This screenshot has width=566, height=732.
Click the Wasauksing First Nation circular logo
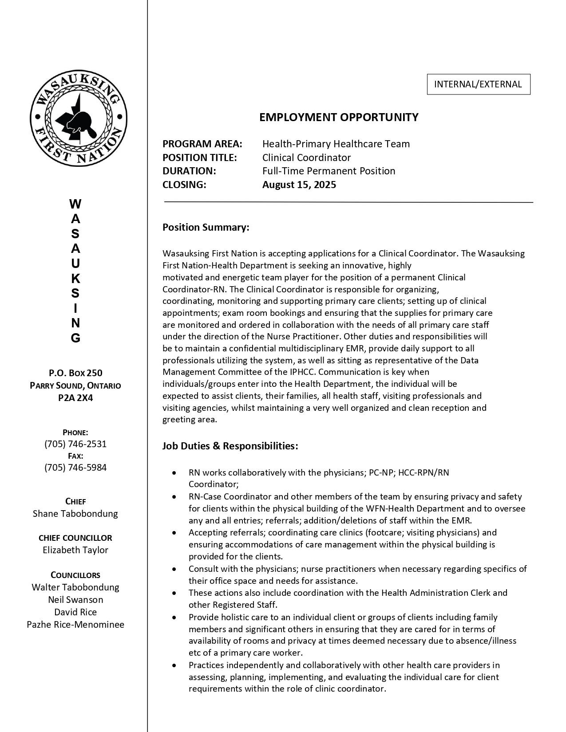(x=79, y=118)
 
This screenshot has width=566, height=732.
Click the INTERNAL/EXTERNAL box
(x=478, y=84)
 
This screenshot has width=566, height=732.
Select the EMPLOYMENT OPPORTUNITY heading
(x=339, y=117)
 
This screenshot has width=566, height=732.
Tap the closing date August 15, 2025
(x=299, y=185)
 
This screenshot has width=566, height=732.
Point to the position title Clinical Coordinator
(x=306, y=157)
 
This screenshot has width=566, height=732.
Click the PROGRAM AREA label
(x=202, y=144)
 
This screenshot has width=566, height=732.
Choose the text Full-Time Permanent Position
(x=329, y=171)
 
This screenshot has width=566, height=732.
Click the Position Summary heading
(x=206, y=228)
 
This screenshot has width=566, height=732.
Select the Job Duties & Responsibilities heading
(x=230, y=446)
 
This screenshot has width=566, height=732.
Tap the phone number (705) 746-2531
(x=75, y=444)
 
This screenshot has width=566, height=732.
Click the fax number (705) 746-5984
(x=75, y=468)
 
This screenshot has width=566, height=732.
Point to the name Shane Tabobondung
(x=75, y=514)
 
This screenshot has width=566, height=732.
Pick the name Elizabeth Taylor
(x=75, y=550)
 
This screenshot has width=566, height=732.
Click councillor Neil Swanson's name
(x=75, y=600)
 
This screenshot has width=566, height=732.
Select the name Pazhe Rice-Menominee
(x=75, y=625)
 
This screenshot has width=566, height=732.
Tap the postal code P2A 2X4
(x=75, y=398)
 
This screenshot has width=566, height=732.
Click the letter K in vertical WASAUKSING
(x=75, y=279)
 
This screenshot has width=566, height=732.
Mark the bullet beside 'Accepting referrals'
(x=174, y=533)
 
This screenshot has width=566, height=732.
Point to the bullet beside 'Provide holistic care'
(x=174, y=618)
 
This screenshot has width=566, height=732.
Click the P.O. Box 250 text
(x=75, y=373)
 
